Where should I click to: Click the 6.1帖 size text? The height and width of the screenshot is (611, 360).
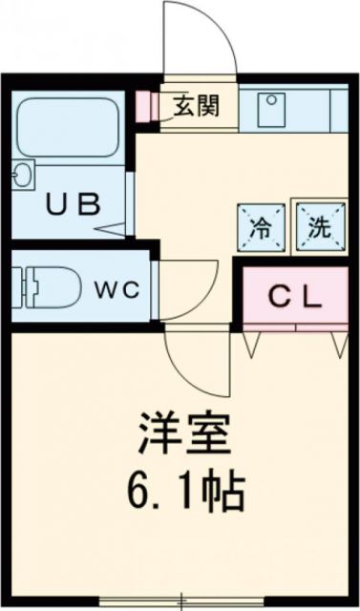[x=187, y=492]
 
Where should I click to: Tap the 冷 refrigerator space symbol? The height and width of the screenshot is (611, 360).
[x=260, y=227]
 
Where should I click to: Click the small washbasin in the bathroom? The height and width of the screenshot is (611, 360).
[x=22, y=177]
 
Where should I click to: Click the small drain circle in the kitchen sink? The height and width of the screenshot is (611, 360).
[x=271, y=99]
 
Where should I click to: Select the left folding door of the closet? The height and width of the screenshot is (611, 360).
[x=252, y=342]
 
